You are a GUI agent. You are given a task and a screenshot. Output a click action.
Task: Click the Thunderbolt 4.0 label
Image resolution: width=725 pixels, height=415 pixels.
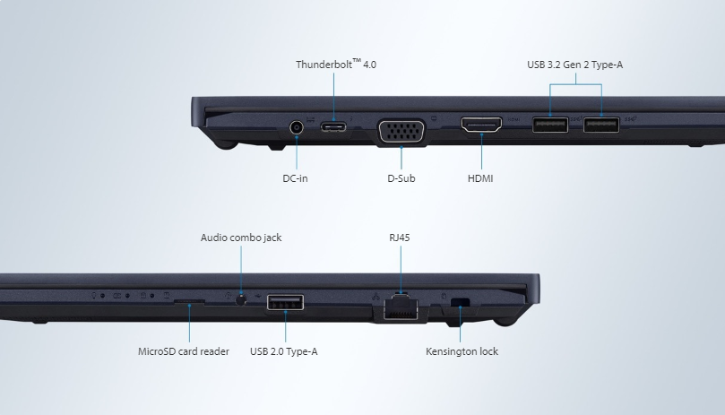point(336,65)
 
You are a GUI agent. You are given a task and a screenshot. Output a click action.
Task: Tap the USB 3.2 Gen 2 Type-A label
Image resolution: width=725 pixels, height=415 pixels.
point(574,65)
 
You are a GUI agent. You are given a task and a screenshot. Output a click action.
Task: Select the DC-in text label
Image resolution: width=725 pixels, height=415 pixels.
point(295,178)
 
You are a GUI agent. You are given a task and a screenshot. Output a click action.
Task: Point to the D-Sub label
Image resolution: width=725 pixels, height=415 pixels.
point(401,178)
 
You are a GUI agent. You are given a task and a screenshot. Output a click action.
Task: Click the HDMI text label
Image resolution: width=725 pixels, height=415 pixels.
point(480,178)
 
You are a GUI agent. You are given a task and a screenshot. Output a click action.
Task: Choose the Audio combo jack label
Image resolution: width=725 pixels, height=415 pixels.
point(241,238)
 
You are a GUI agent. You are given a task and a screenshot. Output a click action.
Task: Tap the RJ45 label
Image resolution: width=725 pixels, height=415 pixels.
point(400,238)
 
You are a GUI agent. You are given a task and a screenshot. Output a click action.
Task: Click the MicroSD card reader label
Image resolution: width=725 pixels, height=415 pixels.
point(184,351)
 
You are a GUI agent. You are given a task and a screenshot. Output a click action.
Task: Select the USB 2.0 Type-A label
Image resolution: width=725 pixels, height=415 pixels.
point(283,351)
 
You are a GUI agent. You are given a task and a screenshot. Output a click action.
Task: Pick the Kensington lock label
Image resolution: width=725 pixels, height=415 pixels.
point(462,351)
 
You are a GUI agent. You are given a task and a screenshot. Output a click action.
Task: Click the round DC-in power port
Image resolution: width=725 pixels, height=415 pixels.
point(297,126)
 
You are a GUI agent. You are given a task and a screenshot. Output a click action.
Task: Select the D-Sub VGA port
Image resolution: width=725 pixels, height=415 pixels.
point(402,131)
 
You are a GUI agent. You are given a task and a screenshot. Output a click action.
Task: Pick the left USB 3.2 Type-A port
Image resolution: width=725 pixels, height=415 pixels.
point(549,124)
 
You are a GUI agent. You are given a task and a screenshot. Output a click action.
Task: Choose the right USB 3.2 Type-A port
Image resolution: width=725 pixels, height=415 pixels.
point(600,124)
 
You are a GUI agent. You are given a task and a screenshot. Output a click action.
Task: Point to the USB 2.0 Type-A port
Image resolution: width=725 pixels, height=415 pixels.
point(285,302)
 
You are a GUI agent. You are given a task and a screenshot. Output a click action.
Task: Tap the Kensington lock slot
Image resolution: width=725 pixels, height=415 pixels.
point(461,301)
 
